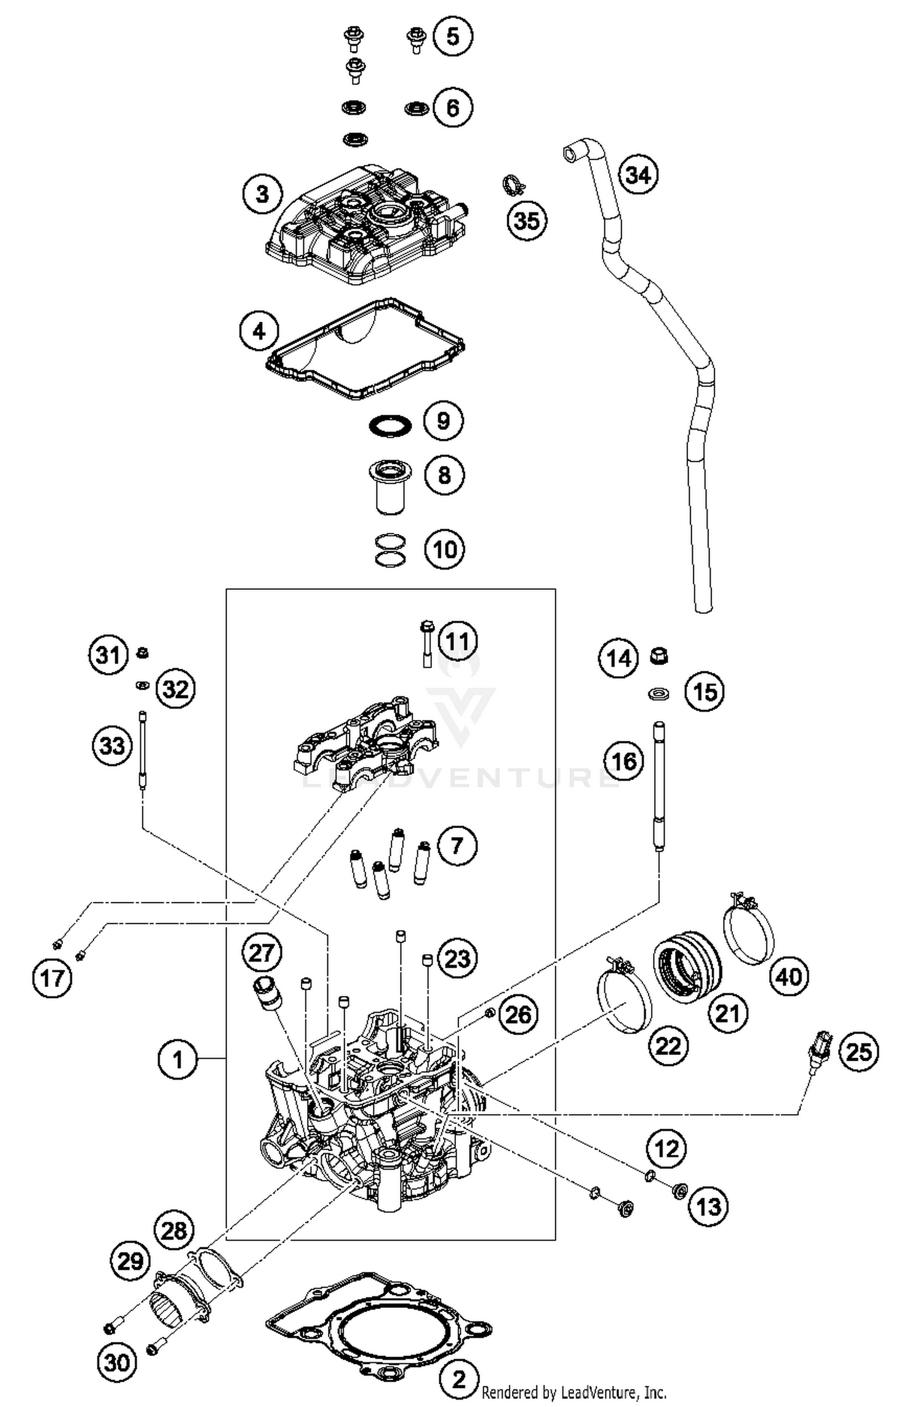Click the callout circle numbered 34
[x=637, y=175]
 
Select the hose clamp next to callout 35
[x=511, y=184]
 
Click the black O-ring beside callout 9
[x=390, y=426]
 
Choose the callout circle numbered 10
[x=444, y=549]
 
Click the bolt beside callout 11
[x=426, y=644]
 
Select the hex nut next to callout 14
[x=659, y=656]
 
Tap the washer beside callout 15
[x=658, y=695]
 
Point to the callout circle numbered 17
[x=52, y=977]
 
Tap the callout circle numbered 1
[x=177, y=1059]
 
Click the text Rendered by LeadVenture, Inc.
[x=573, y=1392]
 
